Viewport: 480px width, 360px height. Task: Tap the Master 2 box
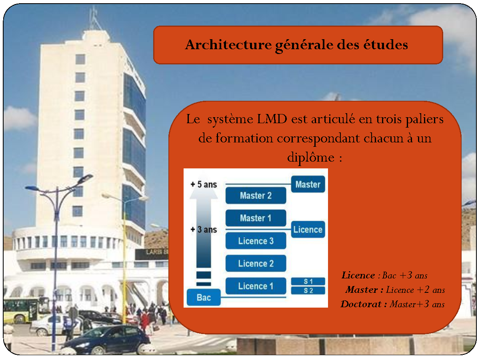(x=256, y=196)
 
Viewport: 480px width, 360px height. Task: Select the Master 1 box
(x=256, y=218)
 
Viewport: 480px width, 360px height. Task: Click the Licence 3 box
(x=256, y=241)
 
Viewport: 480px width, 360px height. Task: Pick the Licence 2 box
(x=256, y=263)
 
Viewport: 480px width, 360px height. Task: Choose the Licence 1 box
(x=256, y=286)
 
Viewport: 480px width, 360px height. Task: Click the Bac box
(x=204, y=297)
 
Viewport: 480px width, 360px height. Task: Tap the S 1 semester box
(x=308, y=281)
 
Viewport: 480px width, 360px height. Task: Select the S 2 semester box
(x=308, y=290)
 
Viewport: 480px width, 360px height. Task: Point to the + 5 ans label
(x=204, y=184)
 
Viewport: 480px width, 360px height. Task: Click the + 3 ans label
(x=204, y=230)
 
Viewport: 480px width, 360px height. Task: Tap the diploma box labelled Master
(x=308, y=184)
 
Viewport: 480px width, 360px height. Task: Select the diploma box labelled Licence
(x=308, y=230)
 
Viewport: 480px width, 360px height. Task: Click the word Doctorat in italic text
(x=361, y=304)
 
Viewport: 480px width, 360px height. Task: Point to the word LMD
(x=272, y=119)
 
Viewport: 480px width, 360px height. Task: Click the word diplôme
(x=311, y=158)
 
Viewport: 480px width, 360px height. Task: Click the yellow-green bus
(x=25, y=310)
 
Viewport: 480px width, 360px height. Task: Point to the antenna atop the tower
(x=94, y=18)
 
